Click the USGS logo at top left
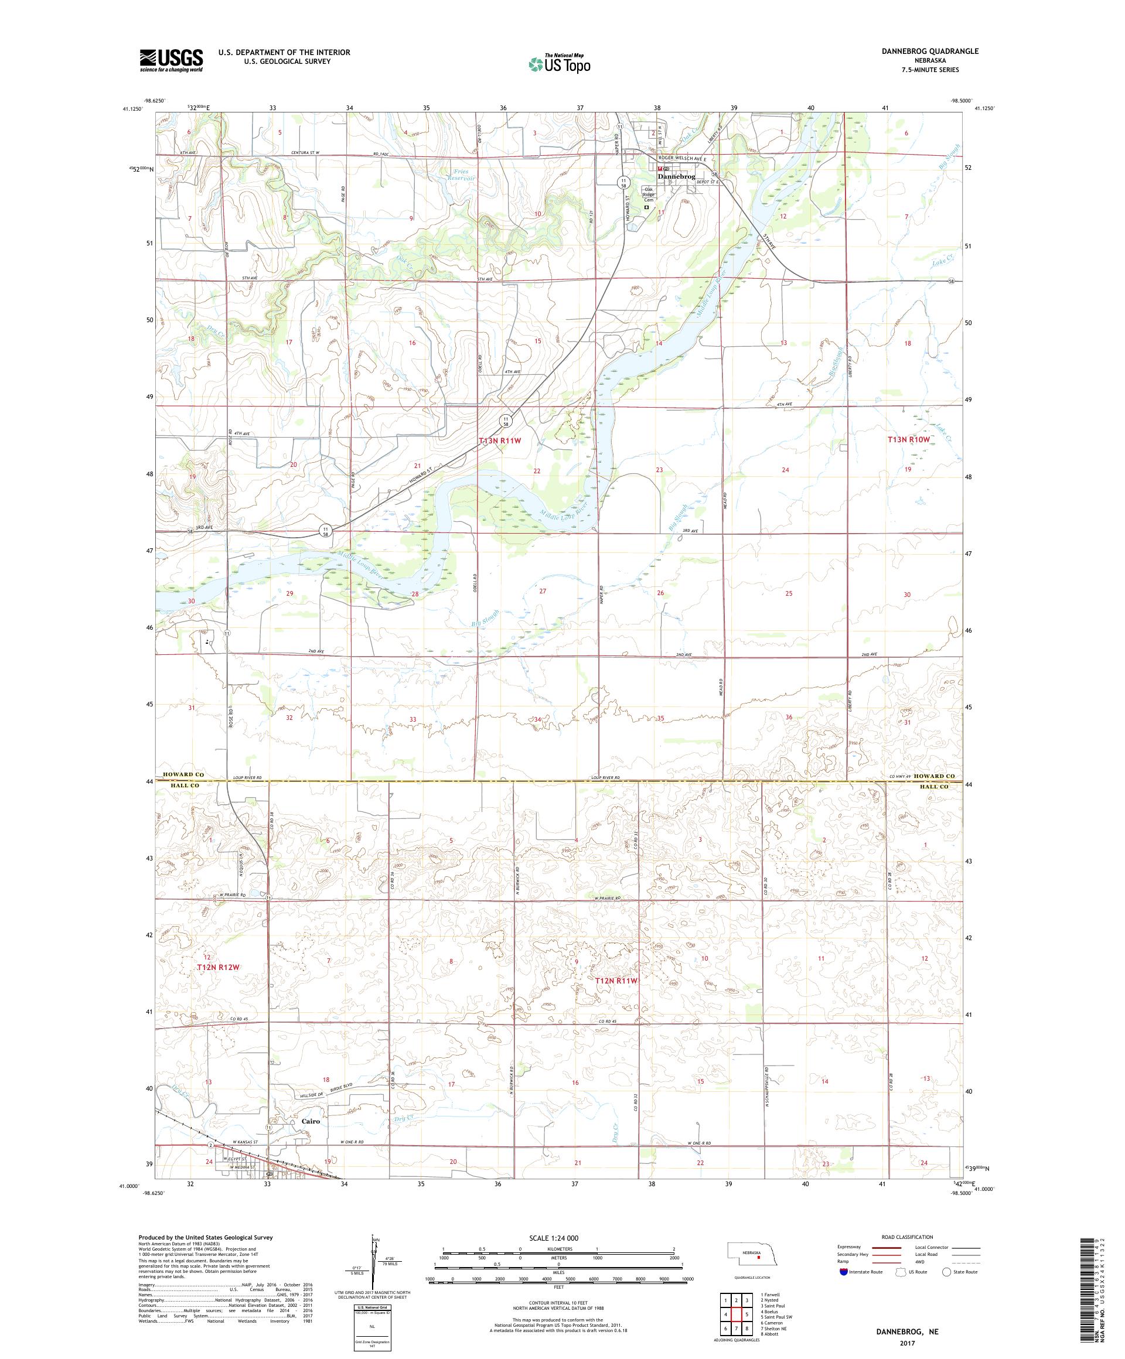(171, 60)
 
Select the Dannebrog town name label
(676, 176)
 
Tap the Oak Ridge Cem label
(648, 194)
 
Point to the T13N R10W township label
(908, 439)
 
